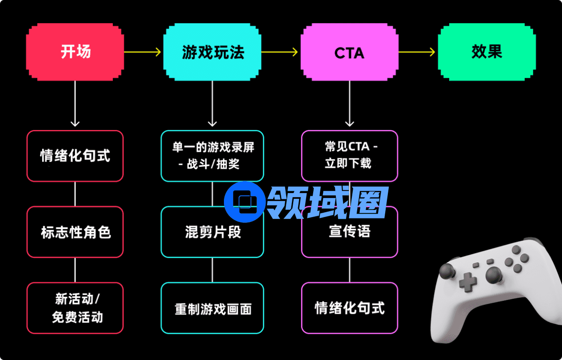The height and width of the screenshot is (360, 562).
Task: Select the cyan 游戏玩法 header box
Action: [212, 52]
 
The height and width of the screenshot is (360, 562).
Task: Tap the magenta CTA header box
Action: [349, 52]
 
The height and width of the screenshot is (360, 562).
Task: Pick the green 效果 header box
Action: [486, 52]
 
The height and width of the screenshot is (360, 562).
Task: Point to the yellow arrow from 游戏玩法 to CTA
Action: [280, 52]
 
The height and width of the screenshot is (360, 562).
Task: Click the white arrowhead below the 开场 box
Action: [75, 123]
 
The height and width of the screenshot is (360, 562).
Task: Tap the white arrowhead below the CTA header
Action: [350, 123]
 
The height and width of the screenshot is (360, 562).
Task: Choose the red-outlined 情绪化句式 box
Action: [75, 156]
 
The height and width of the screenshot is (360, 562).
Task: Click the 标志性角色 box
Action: [75, 232]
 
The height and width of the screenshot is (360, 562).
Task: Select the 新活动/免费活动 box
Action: [75, 308]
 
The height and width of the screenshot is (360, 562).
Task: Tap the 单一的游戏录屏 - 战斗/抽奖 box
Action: [212, 156]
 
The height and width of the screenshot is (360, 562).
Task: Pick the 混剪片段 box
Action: [212, 232]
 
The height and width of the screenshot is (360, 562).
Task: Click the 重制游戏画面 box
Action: [212, 308]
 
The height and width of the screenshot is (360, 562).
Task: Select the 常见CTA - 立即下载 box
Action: [349, 156]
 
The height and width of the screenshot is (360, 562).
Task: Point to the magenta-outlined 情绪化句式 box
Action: [349, 308]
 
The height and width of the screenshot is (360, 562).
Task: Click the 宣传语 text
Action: [349, 231]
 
